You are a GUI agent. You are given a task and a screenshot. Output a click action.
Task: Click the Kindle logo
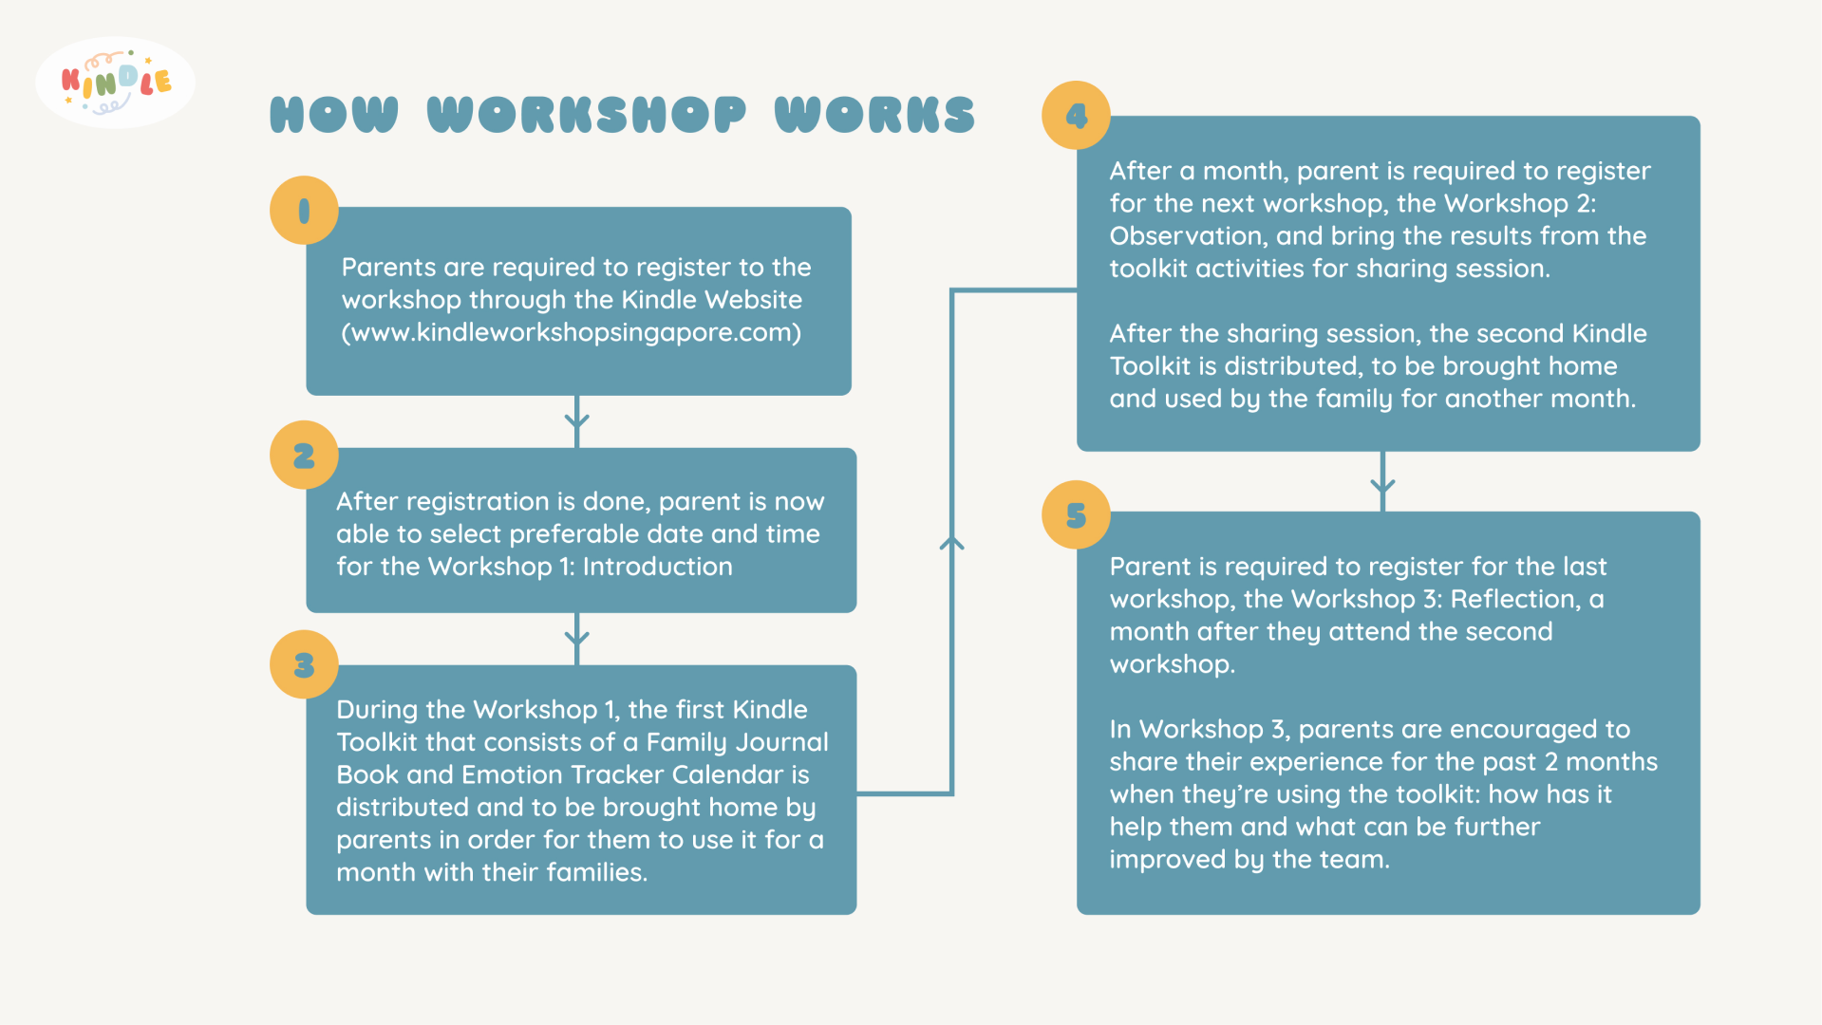115,84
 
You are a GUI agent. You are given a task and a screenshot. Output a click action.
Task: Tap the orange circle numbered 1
304,211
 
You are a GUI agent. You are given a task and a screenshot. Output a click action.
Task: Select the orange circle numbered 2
304,456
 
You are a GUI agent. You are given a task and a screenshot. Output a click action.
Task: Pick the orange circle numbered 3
304,664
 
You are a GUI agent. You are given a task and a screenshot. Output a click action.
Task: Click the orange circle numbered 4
1076,116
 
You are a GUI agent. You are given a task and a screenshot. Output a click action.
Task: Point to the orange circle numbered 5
1076,515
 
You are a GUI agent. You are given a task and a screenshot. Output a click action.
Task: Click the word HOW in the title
334,115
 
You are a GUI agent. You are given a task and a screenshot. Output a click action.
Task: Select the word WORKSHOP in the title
587,115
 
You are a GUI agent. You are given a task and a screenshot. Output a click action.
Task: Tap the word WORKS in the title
874,115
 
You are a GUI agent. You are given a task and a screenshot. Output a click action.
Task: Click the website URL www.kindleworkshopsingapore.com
572,333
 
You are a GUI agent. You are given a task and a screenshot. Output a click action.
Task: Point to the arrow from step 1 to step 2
577,420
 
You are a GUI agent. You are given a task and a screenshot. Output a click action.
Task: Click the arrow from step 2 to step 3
577,638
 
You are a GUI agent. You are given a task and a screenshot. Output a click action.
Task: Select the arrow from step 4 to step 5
1382,482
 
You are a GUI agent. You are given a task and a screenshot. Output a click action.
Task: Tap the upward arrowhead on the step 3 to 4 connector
951,543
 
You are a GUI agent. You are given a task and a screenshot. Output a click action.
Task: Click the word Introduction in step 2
657,567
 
